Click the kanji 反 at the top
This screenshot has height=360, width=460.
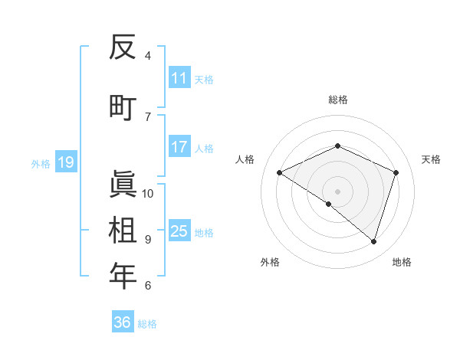(x=123, y=48)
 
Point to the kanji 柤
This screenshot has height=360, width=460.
(x=123, y=229)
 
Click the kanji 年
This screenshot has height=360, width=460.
(x=123, y=276)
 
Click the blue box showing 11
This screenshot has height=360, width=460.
(x=179, y=78)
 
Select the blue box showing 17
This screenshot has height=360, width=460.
(x=179, y=147)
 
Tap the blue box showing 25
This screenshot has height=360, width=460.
(x=179, y=231)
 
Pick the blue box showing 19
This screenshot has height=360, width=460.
(x=65, y=162)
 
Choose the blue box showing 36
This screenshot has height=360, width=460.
(x=123, y=322)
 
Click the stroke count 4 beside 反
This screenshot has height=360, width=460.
(x=148, y=55)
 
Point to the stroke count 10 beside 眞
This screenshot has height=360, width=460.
(x=148, y=193)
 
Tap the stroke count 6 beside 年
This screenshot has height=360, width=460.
(x=148, y=285)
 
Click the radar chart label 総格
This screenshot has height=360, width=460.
(x=338, y=100)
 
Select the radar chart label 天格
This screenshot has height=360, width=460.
(x=431, y=159)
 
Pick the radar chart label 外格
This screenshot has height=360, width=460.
(x=270, y=262)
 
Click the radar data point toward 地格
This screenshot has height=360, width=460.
(x=373, y=241)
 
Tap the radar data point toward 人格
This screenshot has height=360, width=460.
(x=280, y=172)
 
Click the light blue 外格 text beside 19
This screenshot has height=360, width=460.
(x=40, y=163)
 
